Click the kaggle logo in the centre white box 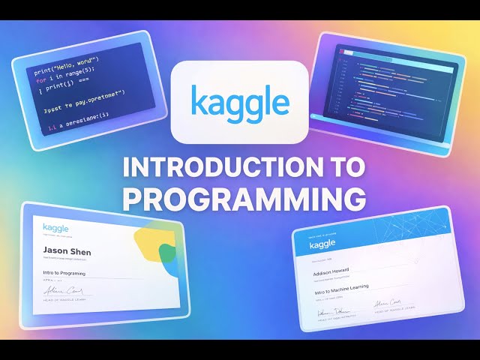coord(239,100)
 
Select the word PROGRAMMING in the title coord(244,198)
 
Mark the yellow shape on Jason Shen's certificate coord(150,241)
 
